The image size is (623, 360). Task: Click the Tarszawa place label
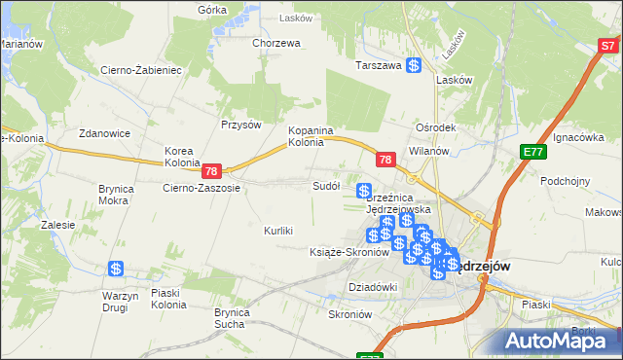(x=379, y=66)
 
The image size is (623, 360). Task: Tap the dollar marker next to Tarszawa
(x=414, y=66)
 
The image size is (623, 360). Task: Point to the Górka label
(x=212, y=10)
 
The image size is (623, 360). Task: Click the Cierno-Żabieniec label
(x=141, y=70)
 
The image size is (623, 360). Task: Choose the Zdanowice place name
(x=105, y=134)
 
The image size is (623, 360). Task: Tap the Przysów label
(x=241, y=125)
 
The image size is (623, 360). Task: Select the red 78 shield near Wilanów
(x=385, y=160)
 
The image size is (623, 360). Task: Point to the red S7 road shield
(x=609, y=45)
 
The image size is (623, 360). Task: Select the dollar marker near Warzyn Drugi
(x=116, y=269)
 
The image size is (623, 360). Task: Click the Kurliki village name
(x=278, y=231)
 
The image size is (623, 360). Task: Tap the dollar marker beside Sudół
(x=364, y=191)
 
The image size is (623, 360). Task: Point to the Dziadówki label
(x=373, y=287)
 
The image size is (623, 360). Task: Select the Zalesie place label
(x=58, y=225)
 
